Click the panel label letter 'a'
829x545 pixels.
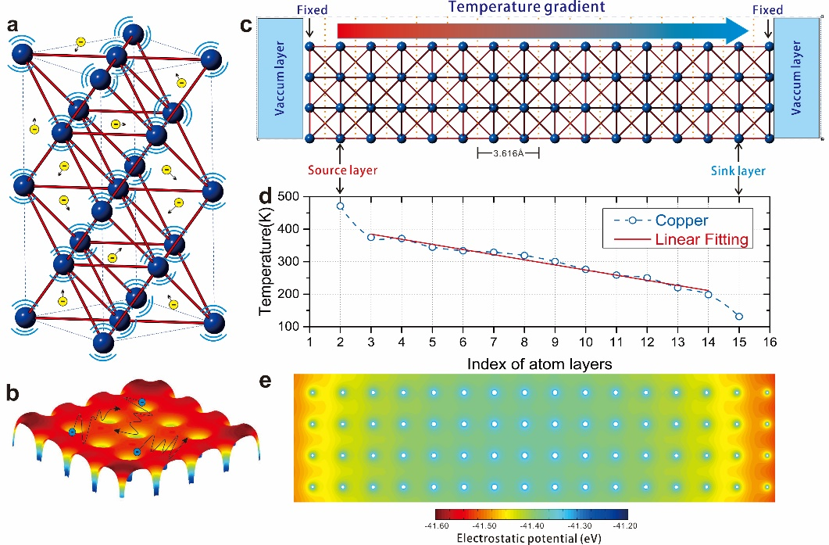[x=13, y=24]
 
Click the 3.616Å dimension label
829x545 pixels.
[x=509, y=154]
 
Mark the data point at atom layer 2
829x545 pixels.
[x=341, y=206]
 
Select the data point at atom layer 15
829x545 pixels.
[x=738, y=317]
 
